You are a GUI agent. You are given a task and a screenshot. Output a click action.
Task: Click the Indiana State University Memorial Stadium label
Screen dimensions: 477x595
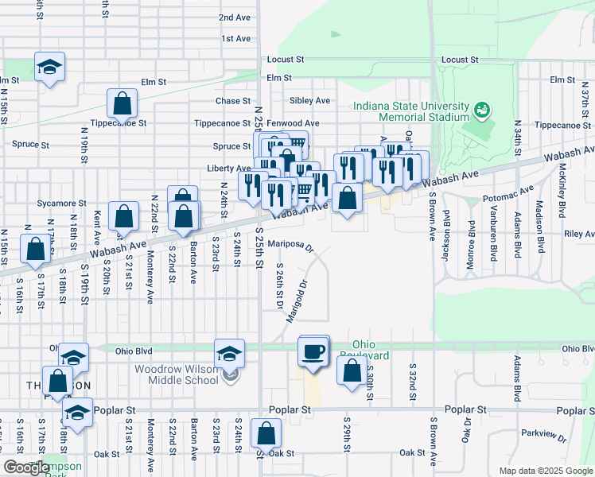point(412,111)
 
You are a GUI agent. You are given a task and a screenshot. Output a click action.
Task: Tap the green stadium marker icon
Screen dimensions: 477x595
point(480,109)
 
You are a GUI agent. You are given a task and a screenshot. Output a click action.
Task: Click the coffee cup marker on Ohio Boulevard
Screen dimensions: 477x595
point(313,351)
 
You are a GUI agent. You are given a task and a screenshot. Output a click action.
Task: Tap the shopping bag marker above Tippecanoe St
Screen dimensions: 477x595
point(122,103)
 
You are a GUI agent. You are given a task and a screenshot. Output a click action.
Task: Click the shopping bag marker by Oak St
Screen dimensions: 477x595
point(266,434)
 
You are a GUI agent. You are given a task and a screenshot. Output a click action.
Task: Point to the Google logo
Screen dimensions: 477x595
point(26,467)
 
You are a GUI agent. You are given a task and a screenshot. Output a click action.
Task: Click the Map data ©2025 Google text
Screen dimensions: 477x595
point(545,471)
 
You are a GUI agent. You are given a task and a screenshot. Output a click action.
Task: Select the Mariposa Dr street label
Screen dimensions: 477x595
point(291,244)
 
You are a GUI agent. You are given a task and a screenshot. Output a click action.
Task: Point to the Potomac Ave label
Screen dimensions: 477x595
point(509,195)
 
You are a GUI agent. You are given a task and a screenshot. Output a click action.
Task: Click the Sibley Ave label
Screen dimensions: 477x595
point(309,101)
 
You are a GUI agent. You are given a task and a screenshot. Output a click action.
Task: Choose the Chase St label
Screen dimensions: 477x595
point(233,101)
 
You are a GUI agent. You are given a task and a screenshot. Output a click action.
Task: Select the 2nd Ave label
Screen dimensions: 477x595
point(235,17)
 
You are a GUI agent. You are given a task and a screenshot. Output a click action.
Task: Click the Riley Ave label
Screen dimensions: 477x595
point(578,235)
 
